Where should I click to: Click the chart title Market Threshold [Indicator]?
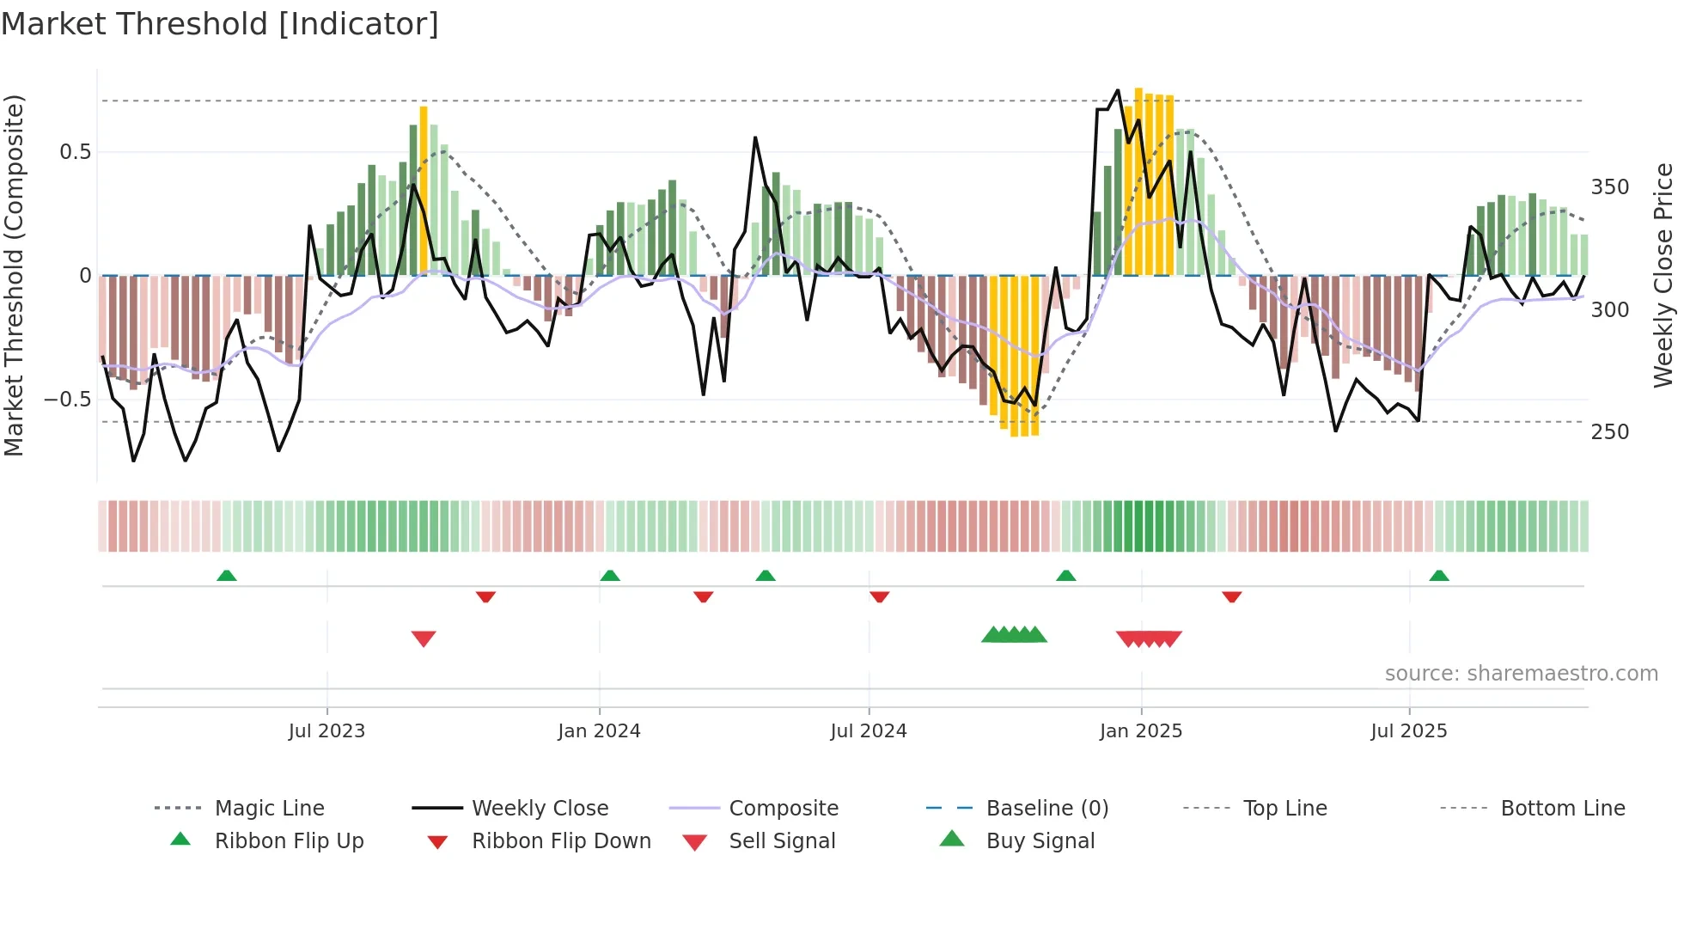[x=220, y=24]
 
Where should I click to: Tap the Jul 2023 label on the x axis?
[x=326, y=731]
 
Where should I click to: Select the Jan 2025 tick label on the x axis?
[x=1140, y=731]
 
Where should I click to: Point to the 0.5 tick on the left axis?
[x=76, y=152]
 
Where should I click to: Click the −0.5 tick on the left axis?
[x=67, y=400]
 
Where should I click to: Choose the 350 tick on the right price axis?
[x=1609, y=187]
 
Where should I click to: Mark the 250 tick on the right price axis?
[x=1609, y=432]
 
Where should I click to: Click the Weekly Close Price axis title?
[x=1663, y=275]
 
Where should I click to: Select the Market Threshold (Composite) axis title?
[x=14, y=275]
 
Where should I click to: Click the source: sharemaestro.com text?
[x=1521, y=674]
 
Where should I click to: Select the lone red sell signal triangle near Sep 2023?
[x=424, y=638]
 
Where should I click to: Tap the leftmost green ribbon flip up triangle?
[x=227, y=576]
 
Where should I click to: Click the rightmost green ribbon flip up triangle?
[x=1439, y=576]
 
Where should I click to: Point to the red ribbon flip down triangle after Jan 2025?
[x=1231, y=596]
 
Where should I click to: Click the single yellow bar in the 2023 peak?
[x=424, y=189]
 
